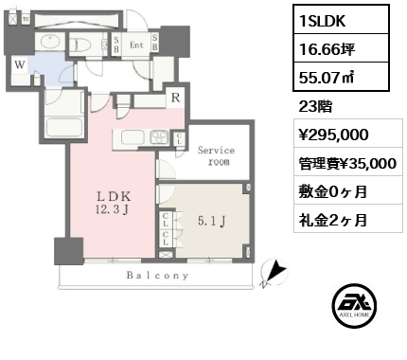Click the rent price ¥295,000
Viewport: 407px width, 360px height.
327,135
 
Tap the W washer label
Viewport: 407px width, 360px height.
17,65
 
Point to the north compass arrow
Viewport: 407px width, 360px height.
273,274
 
